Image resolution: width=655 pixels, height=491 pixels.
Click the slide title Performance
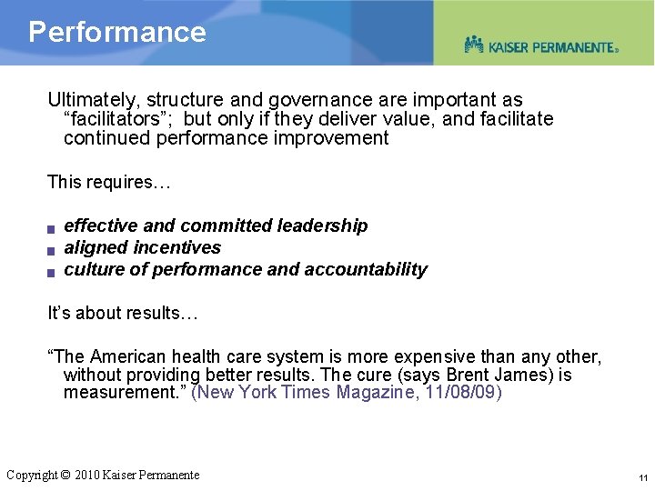click(x=117, y=32)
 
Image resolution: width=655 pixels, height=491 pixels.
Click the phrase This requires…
click(x=108, y=182)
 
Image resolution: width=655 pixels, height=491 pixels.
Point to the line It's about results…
click(x=122, y=313)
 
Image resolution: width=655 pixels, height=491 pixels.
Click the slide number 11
click(x=642, y=477)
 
